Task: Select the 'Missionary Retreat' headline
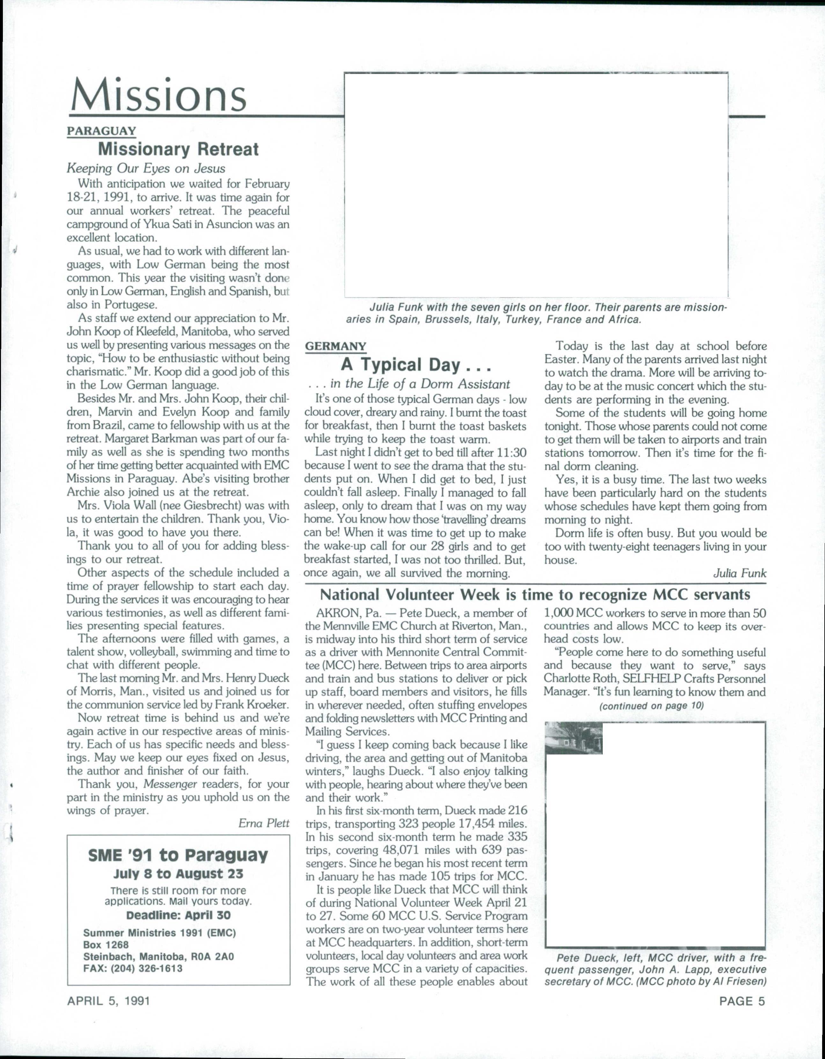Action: (x=179, y=149)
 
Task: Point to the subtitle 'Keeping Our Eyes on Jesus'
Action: (x=145, y=168)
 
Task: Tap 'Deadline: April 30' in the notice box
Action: (x=178, y=916)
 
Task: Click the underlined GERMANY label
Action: (x=335, y=346)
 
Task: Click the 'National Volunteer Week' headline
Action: (x=535, y=594)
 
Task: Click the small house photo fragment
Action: (x=574, y=738)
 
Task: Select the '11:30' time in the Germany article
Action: (x=512, y=453)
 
